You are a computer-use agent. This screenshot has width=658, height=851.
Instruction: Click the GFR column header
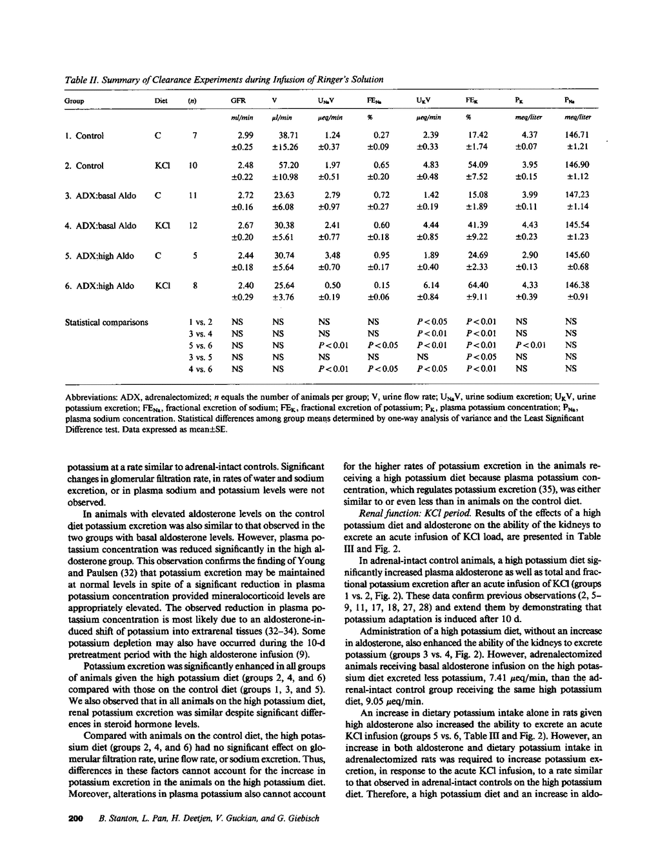237,101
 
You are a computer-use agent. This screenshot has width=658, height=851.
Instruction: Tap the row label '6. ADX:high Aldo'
99,286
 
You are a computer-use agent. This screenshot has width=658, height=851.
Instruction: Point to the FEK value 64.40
477,286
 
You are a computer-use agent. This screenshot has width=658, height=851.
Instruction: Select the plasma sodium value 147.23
577,195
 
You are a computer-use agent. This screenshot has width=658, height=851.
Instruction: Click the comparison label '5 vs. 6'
201,345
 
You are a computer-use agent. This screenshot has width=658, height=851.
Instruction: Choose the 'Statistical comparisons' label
106,322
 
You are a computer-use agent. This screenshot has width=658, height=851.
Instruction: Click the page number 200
76,819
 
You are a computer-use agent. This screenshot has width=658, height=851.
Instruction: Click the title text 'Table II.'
80,79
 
